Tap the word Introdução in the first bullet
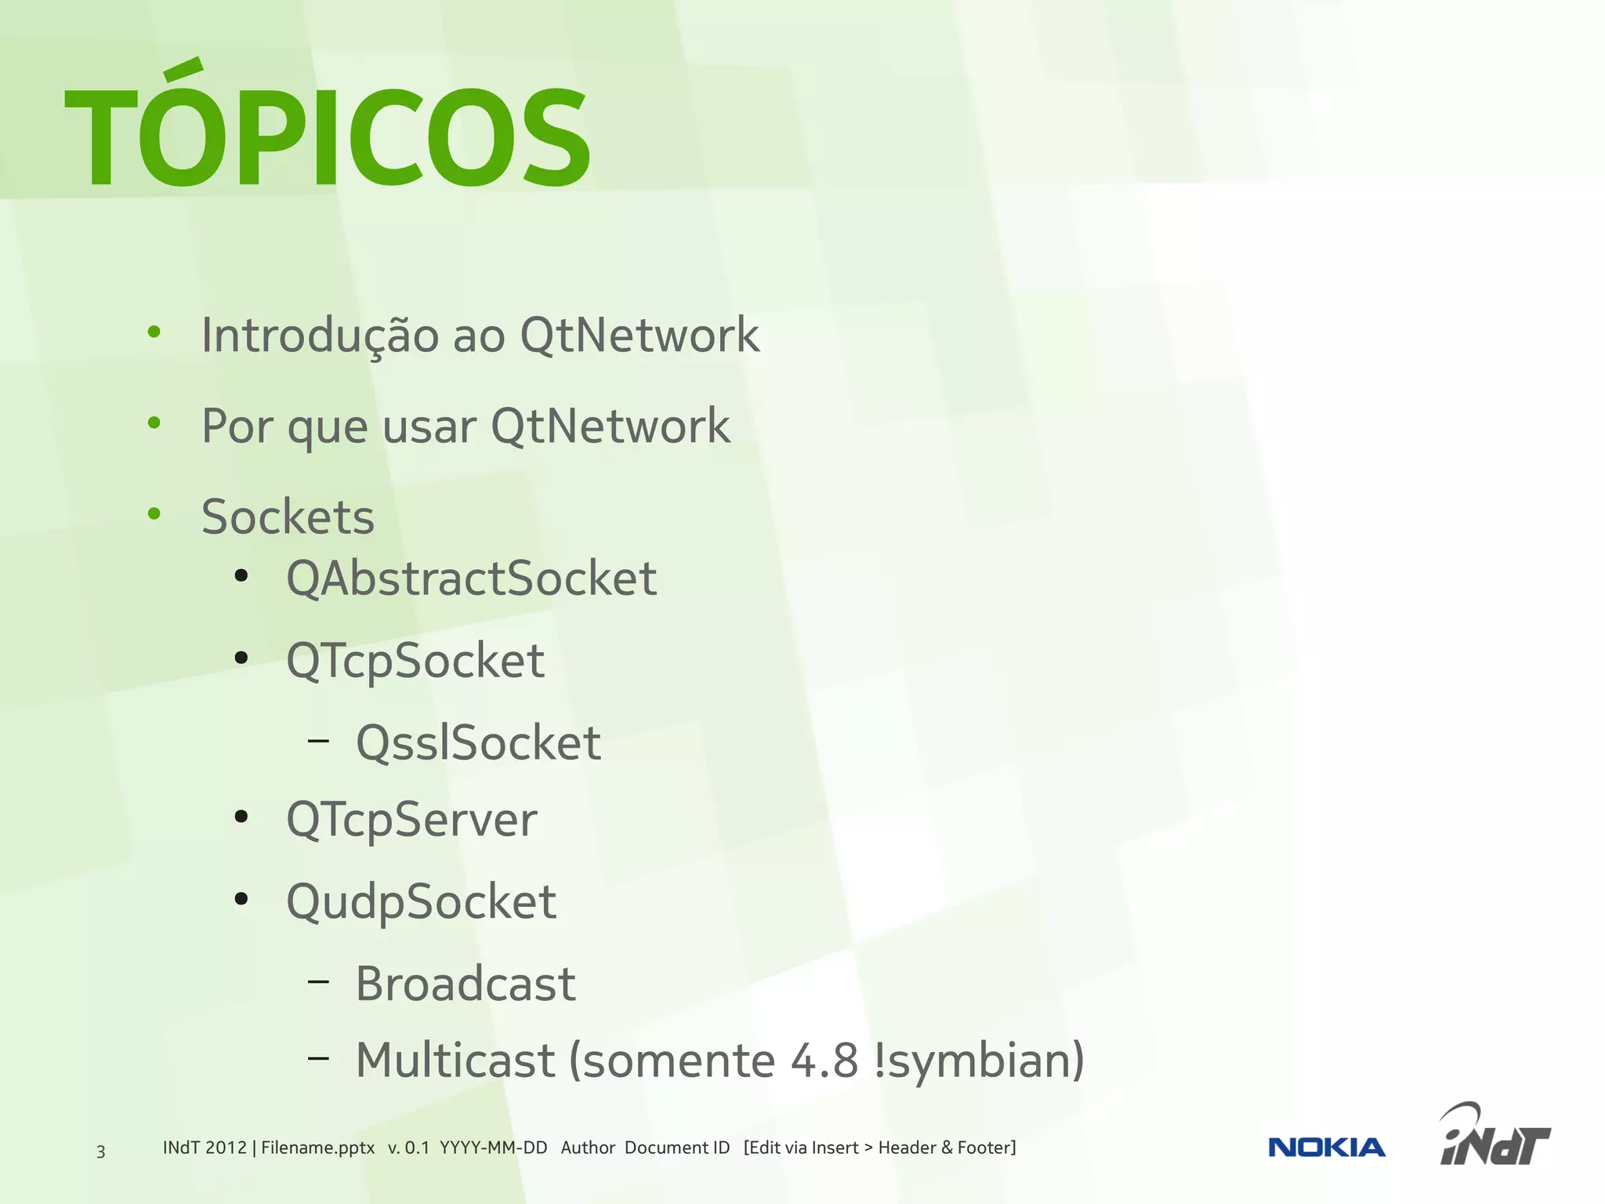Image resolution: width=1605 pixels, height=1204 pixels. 320,335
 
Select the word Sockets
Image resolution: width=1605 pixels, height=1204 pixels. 288,517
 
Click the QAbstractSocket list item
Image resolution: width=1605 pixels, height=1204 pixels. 471,578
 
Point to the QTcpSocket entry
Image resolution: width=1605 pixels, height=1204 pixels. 415,661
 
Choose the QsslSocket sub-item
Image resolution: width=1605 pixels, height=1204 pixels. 478,742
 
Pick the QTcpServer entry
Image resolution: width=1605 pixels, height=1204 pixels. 411,821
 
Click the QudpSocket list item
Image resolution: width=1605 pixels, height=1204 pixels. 421,901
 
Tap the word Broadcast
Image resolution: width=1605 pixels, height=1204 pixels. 466,984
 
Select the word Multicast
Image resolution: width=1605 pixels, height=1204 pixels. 455,1060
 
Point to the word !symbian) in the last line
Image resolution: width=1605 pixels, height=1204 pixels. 979,1060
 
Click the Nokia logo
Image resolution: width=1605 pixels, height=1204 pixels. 1326,1148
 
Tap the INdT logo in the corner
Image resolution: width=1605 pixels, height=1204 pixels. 1494,1137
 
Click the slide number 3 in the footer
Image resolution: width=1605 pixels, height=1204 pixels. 100,1151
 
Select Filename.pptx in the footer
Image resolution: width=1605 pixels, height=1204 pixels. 317,1148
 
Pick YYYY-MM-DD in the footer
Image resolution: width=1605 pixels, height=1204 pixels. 493,1148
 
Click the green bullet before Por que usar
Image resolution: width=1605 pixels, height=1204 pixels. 154,423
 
